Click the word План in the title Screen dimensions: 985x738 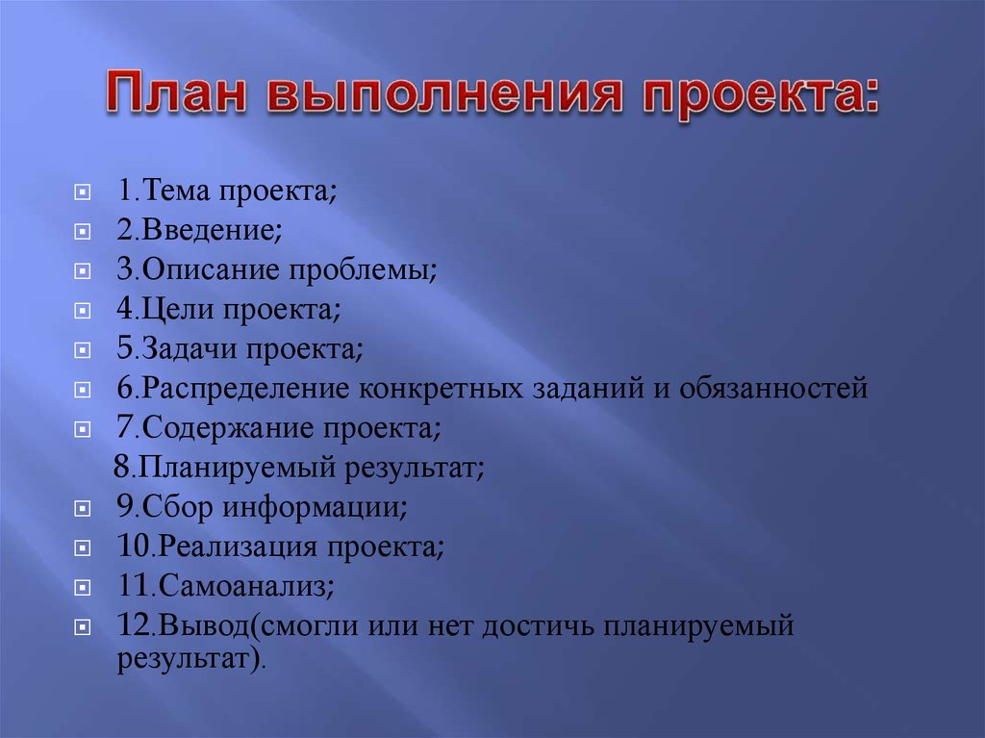(176, 92)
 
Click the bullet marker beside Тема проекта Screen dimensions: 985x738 (83, 191)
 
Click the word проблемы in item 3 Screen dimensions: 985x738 (363, 270)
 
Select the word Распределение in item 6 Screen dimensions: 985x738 (245, 389)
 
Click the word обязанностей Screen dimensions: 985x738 (773, 388)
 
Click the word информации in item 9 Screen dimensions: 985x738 (315, 508)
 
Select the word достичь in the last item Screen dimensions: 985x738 (537, 626)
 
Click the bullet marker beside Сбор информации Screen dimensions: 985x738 (83, 509)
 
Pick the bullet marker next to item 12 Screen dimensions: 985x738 (83, 627)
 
